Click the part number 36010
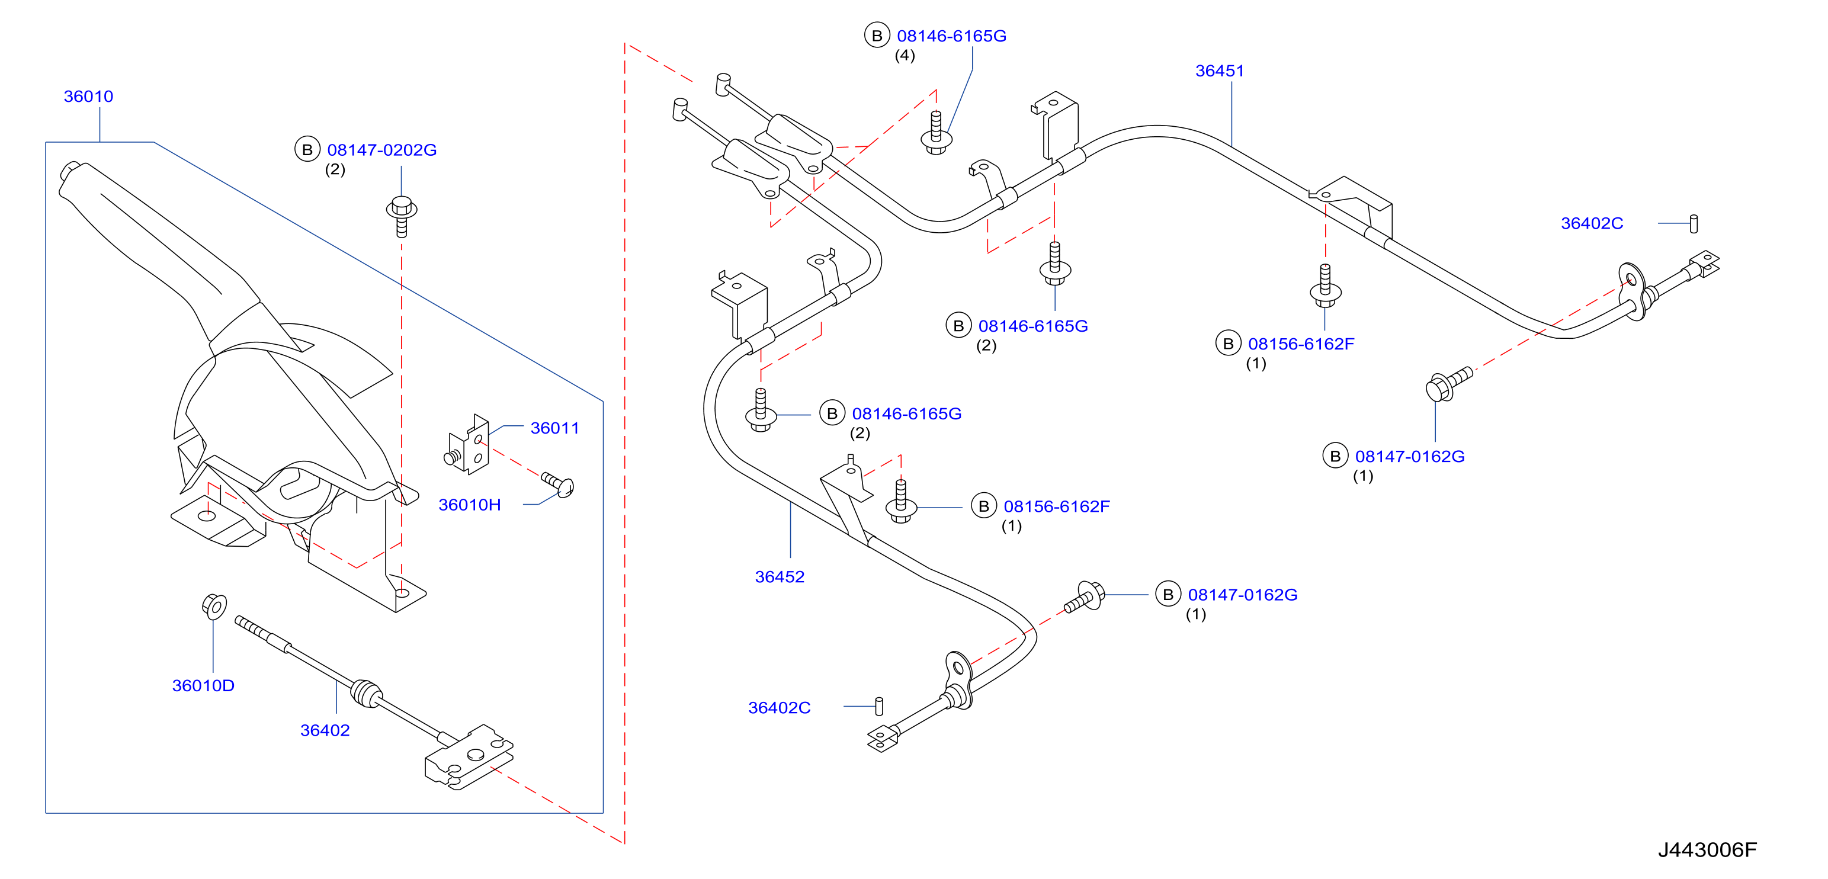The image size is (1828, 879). point(88,97)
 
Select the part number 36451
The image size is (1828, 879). point(1219,71)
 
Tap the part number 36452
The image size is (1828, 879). point(779,577)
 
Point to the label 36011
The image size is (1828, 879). point(554,428)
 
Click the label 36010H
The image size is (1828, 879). point(469,505)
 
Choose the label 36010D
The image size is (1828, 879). point(203,685)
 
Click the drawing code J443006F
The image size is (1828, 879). point(1707,849)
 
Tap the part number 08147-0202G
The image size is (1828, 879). point(382,150)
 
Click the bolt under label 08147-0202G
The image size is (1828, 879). point(402,216)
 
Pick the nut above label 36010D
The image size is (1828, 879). point(214,606)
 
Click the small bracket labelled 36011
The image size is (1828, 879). point(469,445)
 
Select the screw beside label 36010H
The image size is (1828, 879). point(558,484)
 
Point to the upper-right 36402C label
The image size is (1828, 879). point(1592,223)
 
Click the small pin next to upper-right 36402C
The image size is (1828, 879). point(1694,223)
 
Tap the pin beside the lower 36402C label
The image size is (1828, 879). point(879,706)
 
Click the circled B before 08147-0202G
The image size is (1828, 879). point(307,150)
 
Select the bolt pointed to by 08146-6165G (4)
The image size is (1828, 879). point(936,133)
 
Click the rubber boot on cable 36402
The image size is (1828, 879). point(366,692)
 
